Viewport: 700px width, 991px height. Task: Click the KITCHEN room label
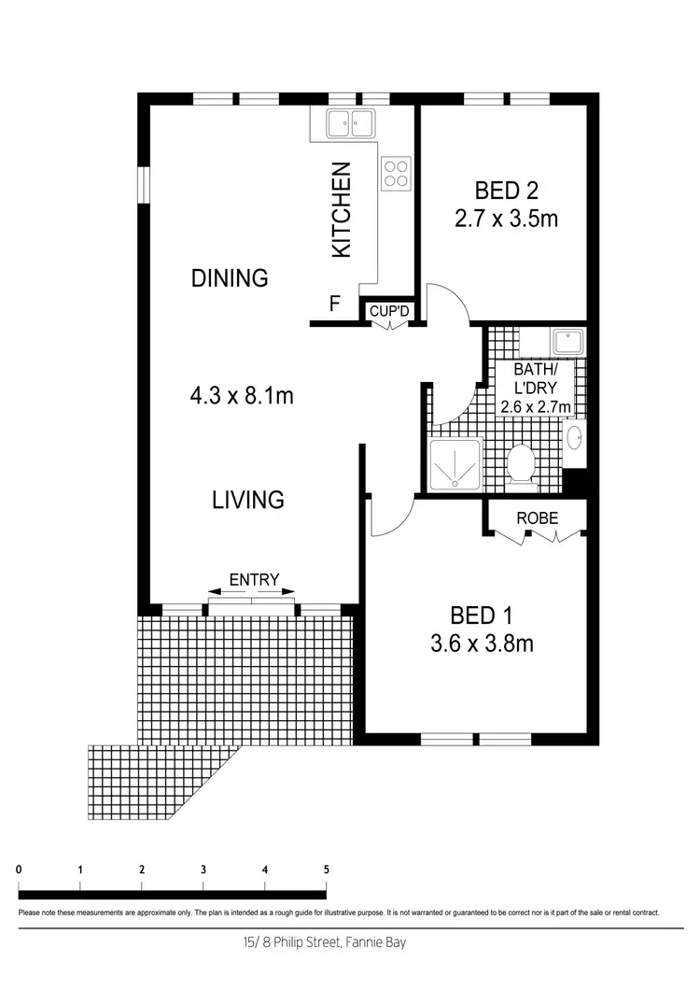[343, 210]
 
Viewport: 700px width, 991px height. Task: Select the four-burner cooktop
[395, 172]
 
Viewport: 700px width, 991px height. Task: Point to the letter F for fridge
[333, 304]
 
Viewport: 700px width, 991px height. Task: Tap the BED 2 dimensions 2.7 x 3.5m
[507, 220]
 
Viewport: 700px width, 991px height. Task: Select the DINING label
[230, 277]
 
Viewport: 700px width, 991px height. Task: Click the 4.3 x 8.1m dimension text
[242, 396]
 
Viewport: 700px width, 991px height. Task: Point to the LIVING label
[247, 500]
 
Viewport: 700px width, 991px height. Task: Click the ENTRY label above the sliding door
[254, 580]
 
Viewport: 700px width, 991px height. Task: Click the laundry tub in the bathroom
[567, 341]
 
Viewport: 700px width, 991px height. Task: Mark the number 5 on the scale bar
[326, 869]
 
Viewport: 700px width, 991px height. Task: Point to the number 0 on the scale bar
[20, 869]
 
